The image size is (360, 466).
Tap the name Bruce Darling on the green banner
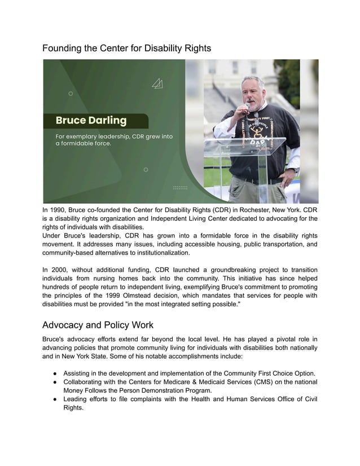[91, 121]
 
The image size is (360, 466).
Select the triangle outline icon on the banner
[158, 84]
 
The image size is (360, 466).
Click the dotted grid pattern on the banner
[180, 187]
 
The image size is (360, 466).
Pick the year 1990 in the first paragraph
[62, 209]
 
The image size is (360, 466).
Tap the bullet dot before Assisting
[53, 373]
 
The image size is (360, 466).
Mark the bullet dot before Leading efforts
[53, 400]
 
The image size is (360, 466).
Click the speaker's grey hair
[252, 80]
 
